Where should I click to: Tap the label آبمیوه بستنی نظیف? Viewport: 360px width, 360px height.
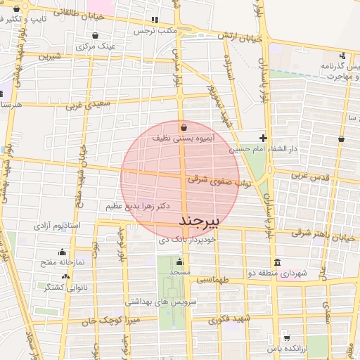pyautogui.click(x=183, y=139)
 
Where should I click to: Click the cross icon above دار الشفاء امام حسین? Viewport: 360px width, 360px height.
pyautogui.click(x=263, y=138)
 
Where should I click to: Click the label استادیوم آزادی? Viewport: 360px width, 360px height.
pyautogui.click(x=56, y=226)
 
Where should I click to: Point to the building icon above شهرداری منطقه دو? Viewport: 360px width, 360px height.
pyautogui.click(x=277, y=263)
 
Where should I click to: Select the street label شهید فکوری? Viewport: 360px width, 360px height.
pyautogui.click(x=211, y=321)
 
